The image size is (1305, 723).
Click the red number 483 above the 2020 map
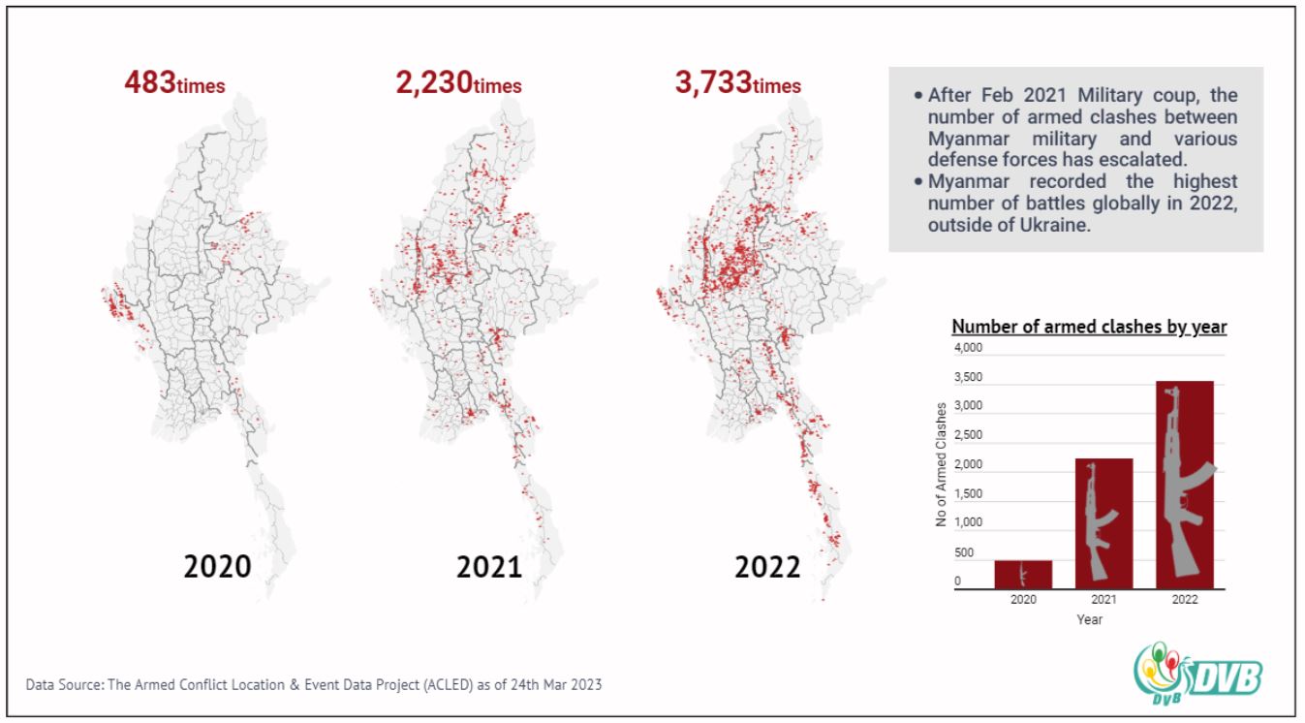point(150,82)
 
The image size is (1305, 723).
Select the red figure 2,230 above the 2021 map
point(433,82)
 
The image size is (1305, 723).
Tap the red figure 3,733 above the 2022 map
point(713,82)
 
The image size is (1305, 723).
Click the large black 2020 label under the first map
point(217,566)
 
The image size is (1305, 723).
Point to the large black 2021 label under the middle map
point(489,567)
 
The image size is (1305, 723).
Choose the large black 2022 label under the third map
point(767,567)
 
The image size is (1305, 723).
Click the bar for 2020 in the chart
point(1023,575)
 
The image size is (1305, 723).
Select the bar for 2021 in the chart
point(1104,523)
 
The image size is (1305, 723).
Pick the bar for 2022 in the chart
point(1185,485)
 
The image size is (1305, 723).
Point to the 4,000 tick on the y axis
point(968,348)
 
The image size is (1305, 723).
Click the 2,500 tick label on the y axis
point(968,434)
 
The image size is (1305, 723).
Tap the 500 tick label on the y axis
point(964,552)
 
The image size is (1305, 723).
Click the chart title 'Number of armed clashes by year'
point(1090,327)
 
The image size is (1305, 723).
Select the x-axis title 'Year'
point(1090,619)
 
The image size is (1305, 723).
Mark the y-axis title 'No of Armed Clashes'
point(941,464)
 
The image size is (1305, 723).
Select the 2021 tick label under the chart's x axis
point(1104,600)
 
